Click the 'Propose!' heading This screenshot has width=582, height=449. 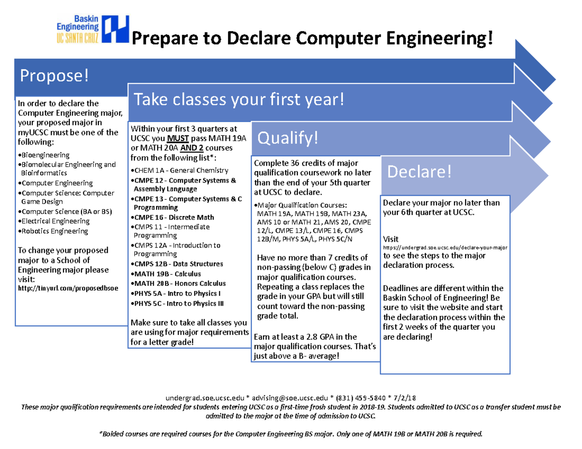(54, 76)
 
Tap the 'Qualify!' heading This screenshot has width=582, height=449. (288, 138)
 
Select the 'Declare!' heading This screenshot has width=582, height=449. (419, 171)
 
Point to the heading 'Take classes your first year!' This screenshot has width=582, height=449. (239, 99)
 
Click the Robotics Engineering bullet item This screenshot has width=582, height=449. (53, 231)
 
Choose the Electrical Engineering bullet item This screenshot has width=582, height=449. (54, 221)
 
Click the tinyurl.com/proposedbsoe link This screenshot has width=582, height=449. (68, 288)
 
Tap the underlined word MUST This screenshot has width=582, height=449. (178, 139)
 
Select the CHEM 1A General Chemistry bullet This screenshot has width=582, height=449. (179, 170)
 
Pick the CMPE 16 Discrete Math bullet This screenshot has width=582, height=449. (173, 217)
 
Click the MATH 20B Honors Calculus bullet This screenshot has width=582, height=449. (178, 283)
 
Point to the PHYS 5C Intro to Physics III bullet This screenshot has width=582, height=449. (178, 304)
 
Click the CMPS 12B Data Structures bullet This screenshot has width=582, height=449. (177, 264)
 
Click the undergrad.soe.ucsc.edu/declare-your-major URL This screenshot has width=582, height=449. (445, 248)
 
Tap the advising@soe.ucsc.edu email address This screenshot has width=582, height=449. (290, 398)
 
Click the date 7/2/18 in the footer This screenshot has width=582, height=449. (404, 398)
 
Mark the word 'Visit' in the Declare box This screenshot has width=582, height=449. (391, 239)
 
